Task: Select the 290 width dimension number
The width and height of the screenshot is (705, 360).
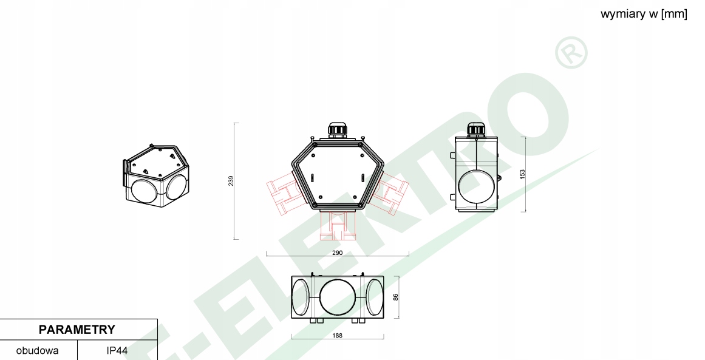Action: [x=337, y=252]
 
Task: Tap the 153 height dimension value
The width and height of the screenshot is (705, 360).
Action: [x=522, y=174]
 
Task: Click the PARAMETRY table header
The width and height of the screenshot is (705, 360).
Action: [x=77, y=330]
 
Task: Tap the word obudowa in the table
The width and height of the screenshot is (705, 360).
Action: [x=38, y=351]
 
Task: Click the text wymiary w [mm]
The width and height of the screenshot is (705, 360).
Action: [x=644, y=14]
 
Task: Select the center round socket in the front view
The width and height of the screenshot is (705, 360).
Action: [x=337, y=297]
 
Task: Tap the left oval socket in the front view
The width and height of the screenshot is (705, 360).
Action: [x=301, y=297]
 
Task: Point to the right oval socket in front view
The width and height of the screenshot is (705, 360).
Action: [x=374, y=297]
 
